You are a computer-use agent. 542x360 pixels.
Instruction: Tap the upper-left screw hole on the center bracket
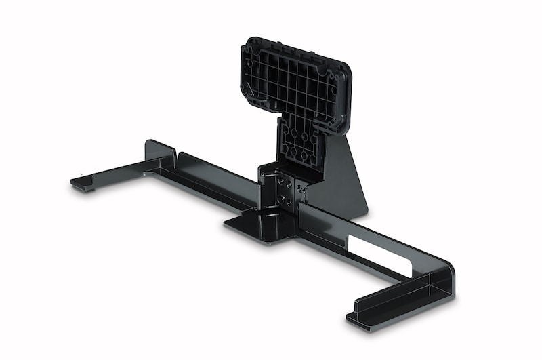[x=278, y=181]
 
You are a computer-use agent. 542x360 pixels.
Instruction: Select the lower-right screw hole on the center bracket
[x=289, y=201]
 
